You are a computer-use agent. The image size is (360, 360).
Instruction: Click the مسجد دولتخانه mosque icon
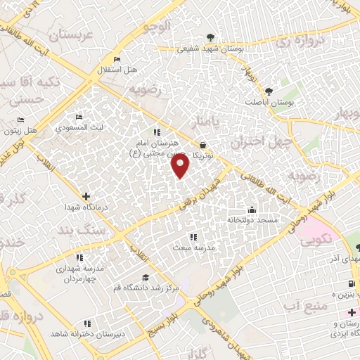pyautogui.click(x=252, y=210)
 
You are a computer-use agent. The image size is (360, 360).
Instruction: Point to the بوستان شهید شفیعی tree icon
pyautogui.click(x=208, y=38)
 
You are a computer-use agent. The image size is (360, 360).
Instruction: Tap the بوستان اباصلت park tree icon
pyautogui.click(x=269, y=91)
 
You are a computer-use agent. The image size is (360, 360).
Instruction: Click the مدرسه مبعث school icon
pyautogui.click(x=193, y=238)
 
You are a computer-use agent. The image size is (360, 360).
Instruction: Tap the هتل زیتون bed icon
pyautogui.click(x=20, y=120)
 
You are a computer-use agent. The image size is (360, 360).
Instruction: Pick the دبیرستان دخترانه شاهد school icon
pyautogui.click(x=86, y=323)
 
